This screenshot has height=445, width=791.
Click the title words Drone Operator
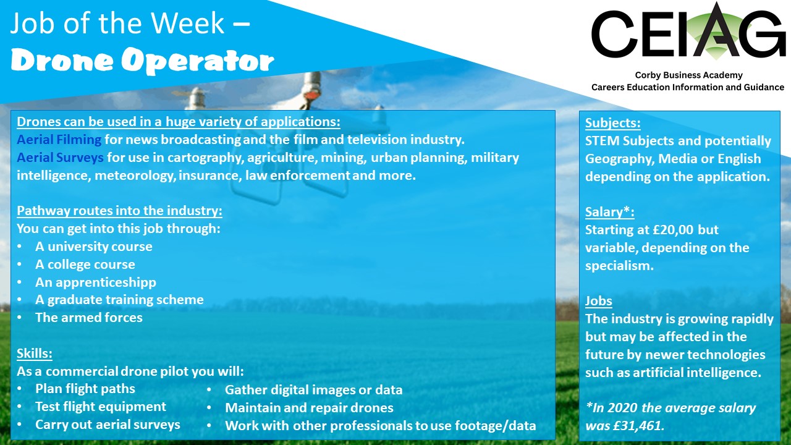tap(142, 61)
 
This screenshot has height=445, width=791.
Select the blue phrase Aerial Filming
tap(59, 140)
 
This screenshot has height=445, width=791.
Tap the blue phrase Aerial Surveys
tap(60, 158)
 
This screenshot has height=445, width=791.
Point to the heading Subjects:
tap(612, 123)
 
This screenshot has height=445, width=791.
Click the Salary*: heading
tap(609, 211)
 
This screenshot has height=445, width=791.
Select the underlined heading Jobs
tap(599, 300)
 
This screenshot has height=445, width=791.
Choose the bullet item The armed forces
tap(89, 318)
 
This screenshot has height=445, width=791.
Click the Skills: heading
tap(35, 353)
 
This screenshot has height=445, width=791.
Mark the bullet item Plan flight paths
tap(85, 389)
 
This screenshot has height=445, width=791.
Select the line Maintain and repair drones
tap(309, 408)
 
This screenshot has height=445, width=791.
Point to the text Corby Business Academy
tap(688, 75)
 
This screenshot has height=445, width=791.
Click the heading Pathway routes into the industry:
tap(119, 211)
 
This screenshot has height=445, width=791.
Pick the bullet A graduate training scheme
tap(119, 300)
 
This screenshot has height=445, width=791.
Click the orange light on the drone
tap(310, 95)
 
